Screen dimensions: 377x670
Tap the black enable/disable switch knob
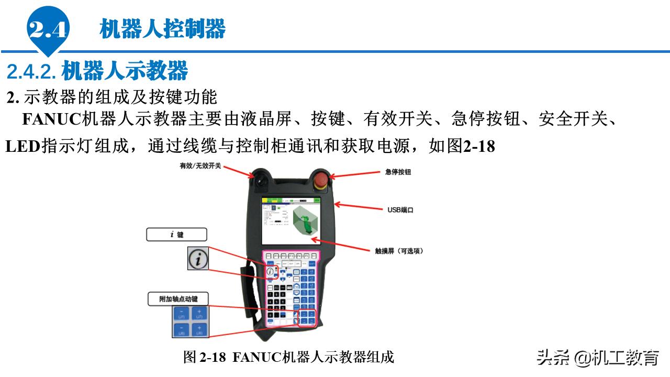click(x=260, y=179)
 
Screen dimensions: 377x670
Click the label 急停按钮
click(x=398, y=172)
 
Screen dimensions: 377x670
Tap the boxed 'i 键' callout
click(x=176, y=235)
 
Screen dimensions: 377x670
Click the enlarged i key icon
click(x=198, y=259)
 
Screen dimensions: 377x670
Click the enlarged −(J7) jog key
click(x=181, y=314)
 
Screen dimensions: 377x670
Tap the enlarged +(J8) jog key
click(x=199, y=330)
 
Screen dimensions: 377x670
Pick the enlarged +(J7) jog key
click(x=199, y=314)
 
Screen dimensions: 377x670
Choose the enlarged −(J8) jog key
click(x=181, y=330)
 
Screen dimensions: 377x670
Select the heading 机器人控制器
click(x=163, y=29)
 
